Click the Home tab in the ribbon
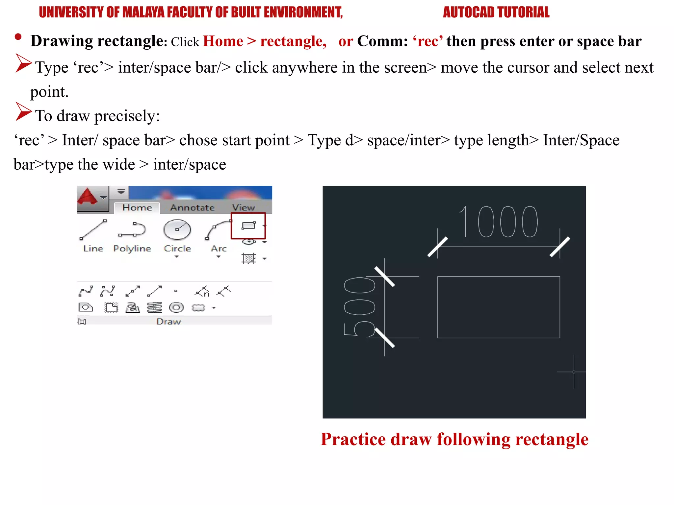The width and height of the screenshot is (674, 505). (x=137, y=208)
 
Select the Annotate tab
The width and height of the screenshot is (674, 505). (x=192, y=208)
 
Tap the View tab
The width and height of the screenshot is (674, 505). (x=244, y=208)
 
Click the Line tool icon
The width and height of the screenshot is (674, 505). (x=93, y=230)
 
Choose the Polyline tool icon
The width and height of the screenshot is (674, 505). (x=132, y=230)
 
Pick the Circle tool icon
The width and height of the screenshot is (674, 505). (x=177, y=230)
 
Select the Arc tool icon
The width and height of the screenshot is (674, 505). (x=218, y=230)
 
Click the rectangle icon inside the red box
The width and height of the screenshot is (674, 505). (x=248, y=226)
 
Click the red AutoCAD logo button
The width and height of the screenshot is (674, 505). (x=88, y=197)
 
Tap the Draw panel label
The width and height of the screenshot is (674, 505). (x=168, y=322)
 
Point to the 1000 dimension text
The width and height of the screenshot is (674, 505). (x=498, y=222)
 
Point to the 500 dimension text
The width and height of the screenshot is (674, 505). (x=359, y=306)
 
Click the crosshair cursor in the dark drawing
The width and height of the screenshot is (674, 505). (x=574, y=372)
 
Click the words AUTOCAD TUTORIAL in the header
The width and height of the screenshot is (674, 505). (x=496, y=12)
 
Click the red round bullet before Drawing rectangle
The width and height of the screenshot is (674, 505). (x=18, y=37)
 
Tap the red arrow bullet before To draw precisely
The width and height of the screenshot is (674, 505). (x=23, y=111)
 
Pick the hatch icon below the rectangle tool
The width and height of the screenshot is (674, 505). (x=249, y=258)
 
